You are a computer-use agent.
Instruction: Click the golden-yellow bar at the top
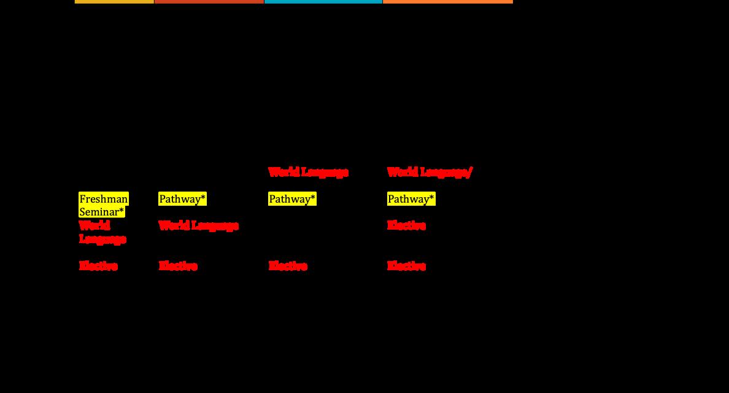tap(114, 2)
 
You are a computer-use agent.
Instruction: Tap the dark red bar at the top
tap(209, 2)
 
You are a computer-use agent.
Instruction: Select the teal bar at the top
tap(323, 2)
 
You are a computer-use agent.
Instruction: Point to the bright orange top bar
tap(447, 2)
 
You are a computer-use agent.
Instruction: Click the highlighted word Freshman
tap(104, 199)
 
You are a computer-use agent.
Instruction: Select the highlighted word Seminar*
tap(102, 212)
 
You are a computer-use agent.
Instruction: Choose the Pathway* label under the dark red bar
tap(182, 199)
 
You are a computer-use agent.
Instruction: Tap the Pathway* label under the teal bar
tap(292, 199)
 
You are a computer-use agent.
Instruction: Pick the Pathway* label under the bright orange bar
tap(411, 199)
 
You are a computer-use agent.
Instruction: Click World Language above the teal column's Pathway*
tap(308, 173)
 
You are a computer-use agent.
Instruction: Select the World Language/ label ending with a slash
tap(430, 173)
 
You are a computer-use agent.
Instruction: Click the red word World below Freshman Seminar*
tap(94, 225)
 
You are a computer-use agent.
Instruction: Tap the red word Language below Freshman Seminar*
tap(102, 239)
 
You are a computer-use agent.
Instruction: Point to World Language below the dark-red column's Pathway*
tap(198, 226)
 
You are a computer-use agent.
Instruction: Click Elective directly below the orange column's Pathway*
tap(406, 225)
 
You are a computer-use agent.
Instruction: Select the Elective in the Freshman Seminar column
tap(98, 266)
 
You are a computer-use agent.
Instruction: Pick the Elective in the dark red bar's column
tap(178, 266)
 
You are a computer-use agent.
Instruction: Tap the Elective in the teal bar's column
tap(288, 266)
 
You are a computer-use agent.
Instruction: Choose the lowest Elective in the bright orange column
tap(406, 266)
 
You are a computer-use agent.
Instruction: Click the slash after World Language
tap(470, 173)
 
